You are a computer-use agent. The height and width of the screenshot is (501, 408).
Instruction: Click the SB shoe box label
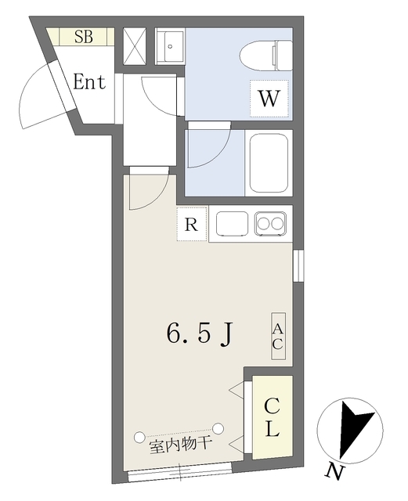click(84, 37)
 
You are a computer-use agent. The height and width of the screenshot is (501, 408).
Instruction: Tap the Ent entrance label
click(89, 82)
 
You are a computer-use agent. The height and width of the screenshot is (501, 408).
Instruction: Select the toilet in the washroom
click(266, 56)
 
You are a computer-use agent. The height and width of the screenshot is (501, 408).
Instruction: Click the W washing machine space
click(269, 99)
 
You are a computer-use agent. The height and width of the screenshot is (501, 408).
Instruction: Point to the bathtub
click(269, 163)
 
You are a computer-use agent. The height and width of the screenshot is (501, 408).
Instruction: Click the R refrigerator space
click(192, 224)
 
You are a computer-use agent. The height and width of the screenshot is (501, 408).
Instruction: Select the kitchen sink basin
click(232, 223)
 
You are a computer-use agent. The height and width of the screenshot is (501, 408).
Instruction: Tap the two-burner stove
click(270, 224)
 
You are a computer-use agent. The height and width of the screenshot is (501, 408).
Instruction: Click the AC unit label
click(278, 336)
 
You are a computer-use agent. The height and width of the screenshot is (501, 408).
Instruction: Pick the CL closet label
click(272, 417)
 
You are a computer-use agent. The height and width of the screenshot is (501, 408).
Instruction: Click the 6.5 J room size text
click(198, 334)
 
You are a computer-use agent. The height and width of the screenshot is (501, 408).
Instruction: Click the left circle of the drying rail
click(139, 437)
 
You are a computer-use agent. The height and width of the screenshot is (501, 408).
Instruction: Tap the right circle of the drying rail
click(218, 428)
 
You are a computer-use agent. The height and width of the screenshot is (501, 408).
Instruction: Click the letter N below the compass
click(334, 473)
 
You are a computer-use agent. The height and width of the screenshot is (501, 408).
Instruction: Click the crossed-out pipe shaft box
click(135, 46)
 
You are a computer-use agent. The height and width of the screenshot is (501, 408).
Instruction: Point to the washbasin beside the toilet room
click(170, 46)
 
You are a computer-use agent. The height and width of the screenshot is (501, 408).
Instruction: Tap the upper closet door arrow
click(236, 391)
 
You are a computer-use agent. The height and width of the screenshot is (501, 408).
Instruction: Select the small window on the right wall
click(298, 266)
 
